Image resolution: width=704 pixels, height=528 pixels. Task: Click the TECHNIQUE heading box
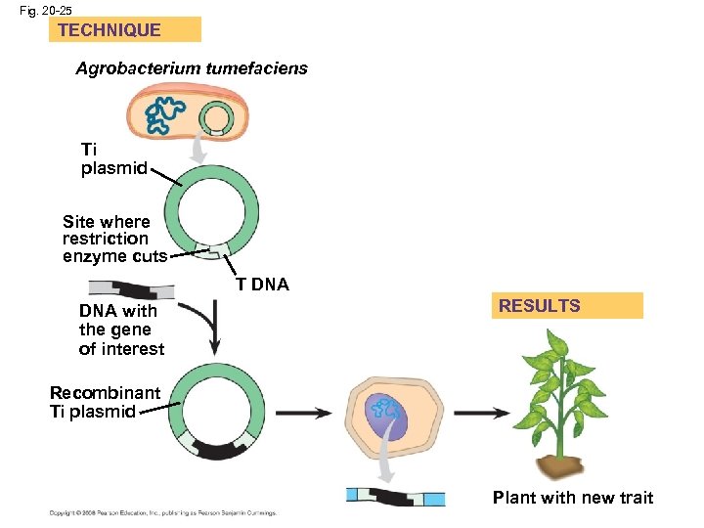[x=124, y=29]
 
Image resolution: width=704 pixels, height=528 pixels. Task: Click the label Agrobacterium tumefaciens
[x=192, y=68]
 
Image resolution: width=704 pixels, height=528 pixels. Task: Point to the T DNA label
[x=262, y=285]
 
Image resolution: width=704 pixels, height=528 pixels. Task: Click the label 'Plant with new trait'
[x=572, y=498]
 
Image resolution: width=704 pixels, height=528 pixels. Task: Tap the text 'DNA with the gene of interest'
[x=121, y=330]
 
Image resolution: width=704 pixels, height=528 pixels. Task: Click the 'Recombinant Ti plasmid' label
[x=105, y=402]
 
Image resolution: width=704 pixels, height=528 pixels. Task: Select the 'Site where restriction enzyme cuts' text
[x=107, y=239]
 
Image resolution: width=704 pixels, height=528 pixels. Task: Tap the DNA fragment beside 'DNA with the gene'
[x=131, y=289]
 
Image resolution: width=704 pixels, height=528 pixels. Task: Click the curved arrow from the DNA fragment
[x=208, y=329]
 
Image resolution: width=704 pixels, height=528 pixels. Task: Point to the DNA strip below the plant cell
[x=396, y=498]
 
